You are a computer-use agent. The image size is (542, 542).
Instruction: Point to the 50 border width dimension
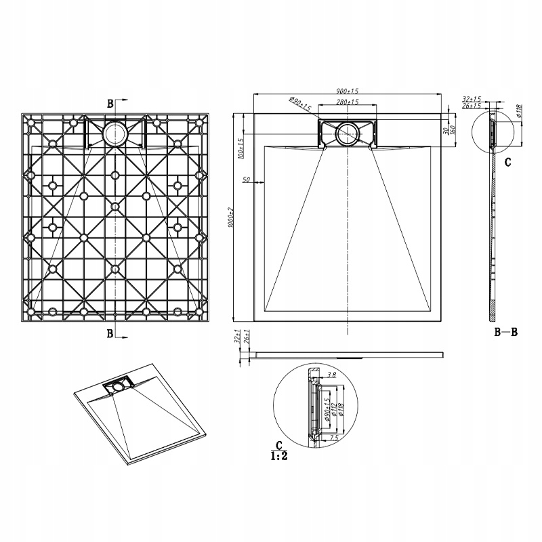[246, 180]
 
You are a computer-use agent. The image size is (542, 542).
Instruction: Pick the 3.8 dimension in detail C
[331, 374]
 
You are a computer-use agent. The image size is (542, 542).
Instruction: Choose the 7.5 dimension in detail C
[333, 438]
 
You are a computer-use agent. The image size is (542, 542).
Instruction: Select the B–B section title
[506, 332]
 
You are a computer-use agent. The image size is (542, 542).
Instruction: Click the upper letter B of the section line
[110, 104]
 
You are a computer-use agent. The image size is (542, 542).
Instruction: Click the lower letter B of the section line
[110, 333]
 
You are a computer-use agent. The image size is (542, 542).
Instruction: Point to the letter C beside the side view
[507, 163]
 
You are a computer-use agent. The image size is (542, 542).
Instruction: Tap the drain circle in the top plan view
[346, 133]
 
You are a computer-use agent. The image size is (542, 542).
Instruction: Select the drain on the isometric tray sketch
[118, 387]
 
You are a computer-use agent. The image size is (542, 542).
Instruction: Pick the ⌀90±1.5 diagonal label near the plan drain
[299, 106]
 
